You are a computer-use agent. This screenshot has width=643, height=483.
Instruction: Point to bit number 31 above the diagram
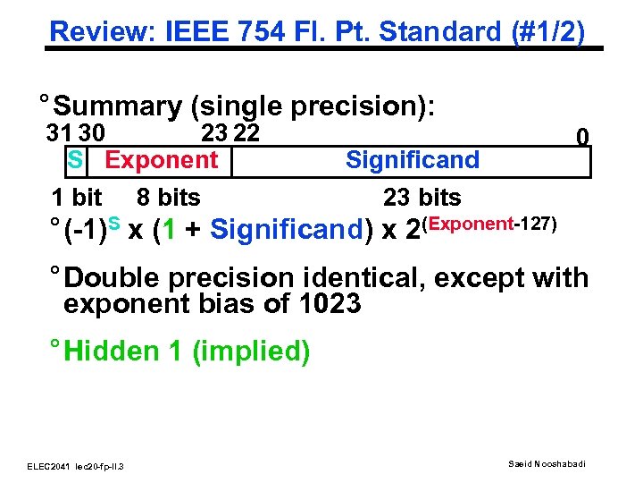pyautogui.click(x=61, y=134)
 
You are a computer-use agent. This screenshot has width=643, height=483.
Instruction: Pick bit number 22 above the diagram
pyautogui.click(x=245, y=134)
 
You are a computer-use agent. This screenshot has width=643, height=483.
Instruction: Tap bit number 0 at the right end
pyautogui.click(x=581, y=138)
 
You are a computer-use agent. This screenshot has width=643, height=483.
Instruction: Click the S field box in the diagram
pyautogui.click(x=75, y=161)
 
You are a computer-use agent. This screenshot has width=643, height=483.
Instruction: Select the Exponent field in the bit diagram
pyautogui.click(x=162, y=161)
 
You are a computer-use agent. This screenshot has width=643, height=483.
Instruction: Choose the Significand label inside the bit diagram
pyautogui.click(x=412, y=161)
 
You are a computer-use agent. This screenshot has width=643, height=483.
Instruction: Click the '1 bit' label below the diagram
pyautogui.click(x=76, y=197)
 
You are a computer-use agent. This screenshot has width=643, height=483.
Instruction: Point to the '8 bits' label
pyautogui.click(x=168, y=197)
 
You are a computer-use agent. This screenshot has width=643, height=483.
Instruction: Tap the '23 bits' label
pyautogui.click(x=422, y=197)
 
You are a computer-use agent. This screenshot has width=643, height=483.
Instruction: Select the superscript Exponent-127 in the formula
pyautogui.click(x=495, y=221)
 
